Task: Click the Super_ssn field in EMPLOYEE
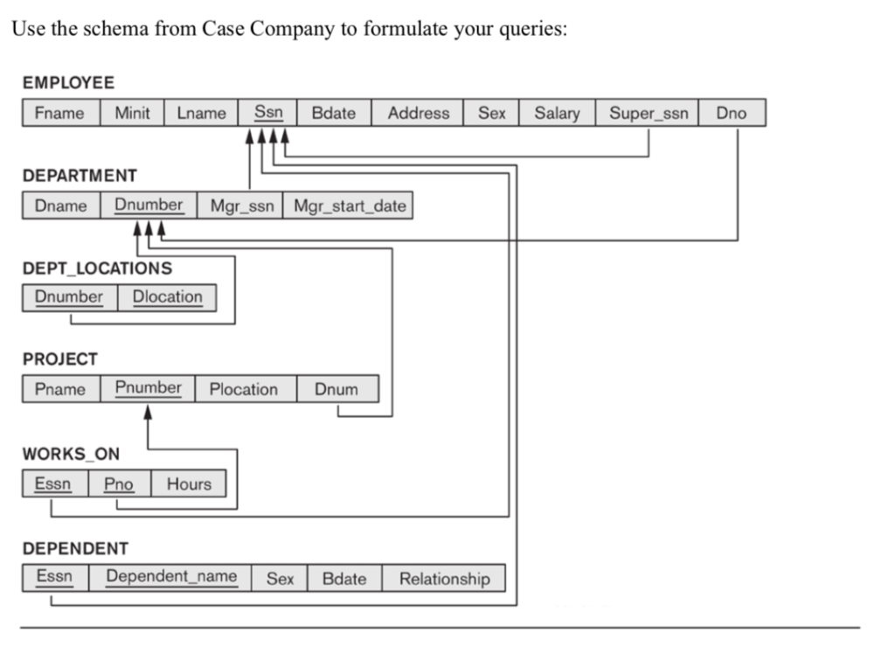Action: click(x=648, y=113)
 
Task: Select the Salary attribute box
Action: click(x=557, y=113)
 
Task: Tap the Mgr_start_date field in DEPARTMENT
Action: click(x=349, y=205)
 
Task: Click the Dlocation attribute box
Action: click(x=167, y=297)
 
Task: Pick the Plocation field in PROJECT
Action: click(x=243, y=389)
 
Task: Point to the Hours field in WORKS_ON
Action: click(x=189, y=484)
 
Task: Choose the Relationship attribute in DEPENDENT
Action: click(x=444, y=578)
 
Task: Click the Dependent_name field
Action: click(x=171, y=577)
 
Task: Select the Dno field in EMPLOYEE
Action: click(x=732, y=113)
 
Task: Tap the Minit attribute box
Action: click(x=132, y=113)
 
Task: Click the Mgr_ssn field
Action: click(x=241, y=205)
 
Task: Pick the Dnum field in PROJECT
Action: click(x=337, y=389)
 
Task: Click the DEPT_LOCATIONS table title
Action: click(x=97, y=268)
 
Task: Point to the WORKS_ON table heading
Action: click(x=71, y=455)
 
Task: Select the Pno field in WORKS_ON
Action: click(x=120, y=484)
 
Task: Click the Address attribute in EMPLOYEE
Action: click(x=418, y=113)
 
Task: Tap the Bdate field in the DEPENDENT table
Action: click(x=343, y=578)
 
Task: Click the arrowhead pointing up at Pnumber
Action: click(x=149, y=410)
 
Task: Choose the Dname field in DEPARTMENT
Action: click(x=61, y=205)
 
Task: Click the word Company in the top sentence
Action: click(x=293, y=28)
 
